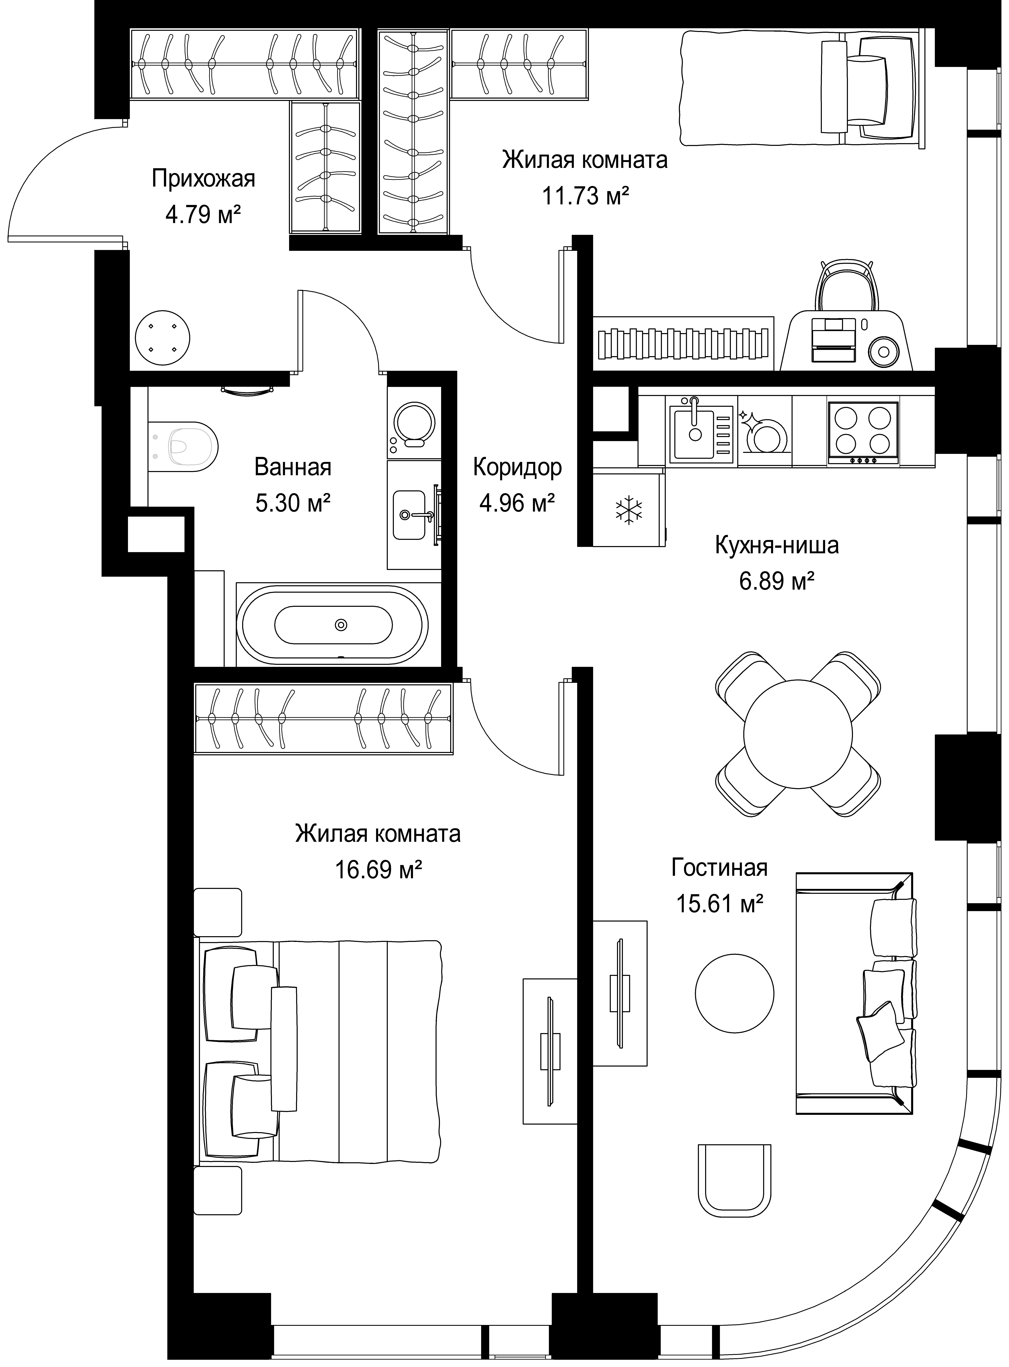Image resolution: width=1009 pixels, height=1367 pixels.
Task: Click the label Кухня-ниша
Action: (x=777, y=545)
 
